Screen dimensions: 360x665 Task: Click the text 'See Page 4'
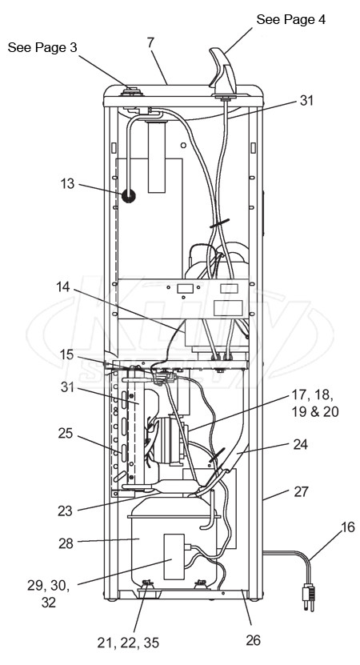pyautogui.click(x=291, y=19)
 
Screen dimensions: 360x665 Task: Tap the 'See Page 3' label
pyautogui.click(x=42, y=47)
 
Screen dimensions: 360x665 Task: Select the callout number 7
pyautogui.click(x=151, y=42)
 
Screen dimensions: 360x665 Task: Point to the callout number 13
pyautogui.click(x=67, y=183)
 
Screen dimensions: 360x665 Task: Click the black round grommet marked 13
pyautogui.click(x=129, y=196)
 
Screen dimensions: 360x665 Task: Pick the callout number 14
pyautogui.click(x=64, y=286)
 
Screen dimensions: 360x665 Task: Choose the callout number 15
pyautogui.click(x=66, y=355)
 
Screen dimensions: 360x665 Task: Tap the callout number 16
pyautogui.click(x=349, y=527)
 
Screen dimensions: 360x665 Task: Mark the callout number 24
pyautogui.click(x=301, y=444)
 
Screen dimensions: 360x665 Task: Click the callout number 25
pyautogui.click(x=66, y=434)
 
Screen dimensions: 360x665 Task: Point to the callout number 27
pyautogui.click(x=302, y=491)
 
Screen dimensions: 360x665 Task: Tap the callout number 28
pyautogui.click(x=66, y=543)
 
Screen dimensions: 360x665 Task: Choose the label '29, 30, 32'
pyautogui.click(x=48, y=594)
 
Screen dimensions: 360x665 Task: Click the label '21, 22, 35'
pyautogui.click(x=128, y=643)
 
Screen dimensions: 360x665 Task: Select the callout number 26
pyautogui.click(x=253, y=640)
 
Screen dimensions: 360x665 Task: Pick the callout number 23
pyautogui.click(x=66, y=511)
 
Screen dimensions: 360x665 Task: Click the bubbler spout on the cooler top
pyautogui.click(x=223, y=72)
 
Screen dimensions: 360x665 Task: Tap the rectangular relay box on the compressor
pyautogui.click(x=174, y=556)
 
